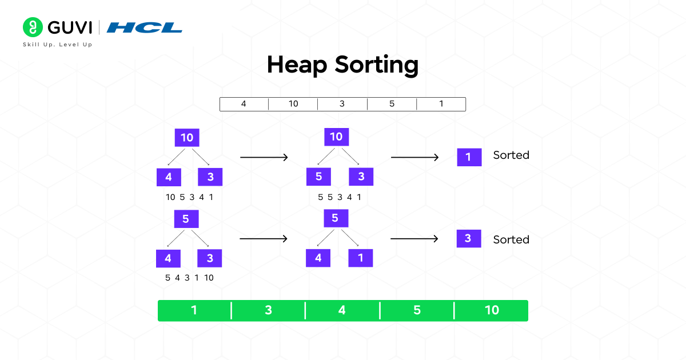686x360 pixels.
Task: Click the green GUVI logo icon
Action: [x=33, y=27]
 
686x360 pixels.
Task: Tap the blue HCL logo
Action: [x=145, y=27]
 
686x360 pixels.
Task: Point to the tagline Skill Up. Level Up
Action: [x=57, y=45]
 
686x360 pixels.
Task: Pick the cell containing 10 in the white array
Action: [x=293, y=104]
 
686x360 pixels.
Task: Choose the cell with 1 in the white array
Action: [x=441, y=104]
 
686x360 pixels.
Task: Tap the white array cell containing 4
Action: [x=244, y=104]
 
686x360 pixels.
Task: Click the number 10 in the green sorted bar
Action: [x=492, y=310]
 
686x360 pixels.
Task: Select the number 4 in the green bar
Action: [x=342, y=310]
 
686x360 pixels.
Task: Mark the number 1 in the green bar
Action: [x=194, y=310]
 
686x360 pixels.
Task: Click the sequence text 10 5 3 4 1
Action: [x=189, y=198]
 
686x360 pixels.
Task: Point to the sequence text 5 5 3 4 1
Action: [x=339, y=198]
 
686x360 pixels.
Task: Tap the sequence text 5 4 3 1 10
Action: [x=189, y=278]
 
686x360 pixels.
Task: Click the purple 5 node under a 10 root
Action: [x=318, y=177]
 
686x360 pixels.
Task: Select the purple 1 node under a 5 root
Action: [x=361, y=258]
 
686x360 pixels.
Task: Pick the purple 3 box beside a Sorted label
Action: [x=468, y=238]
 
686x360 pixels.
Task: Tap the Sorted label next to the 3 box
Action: [x=511, y=239]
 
